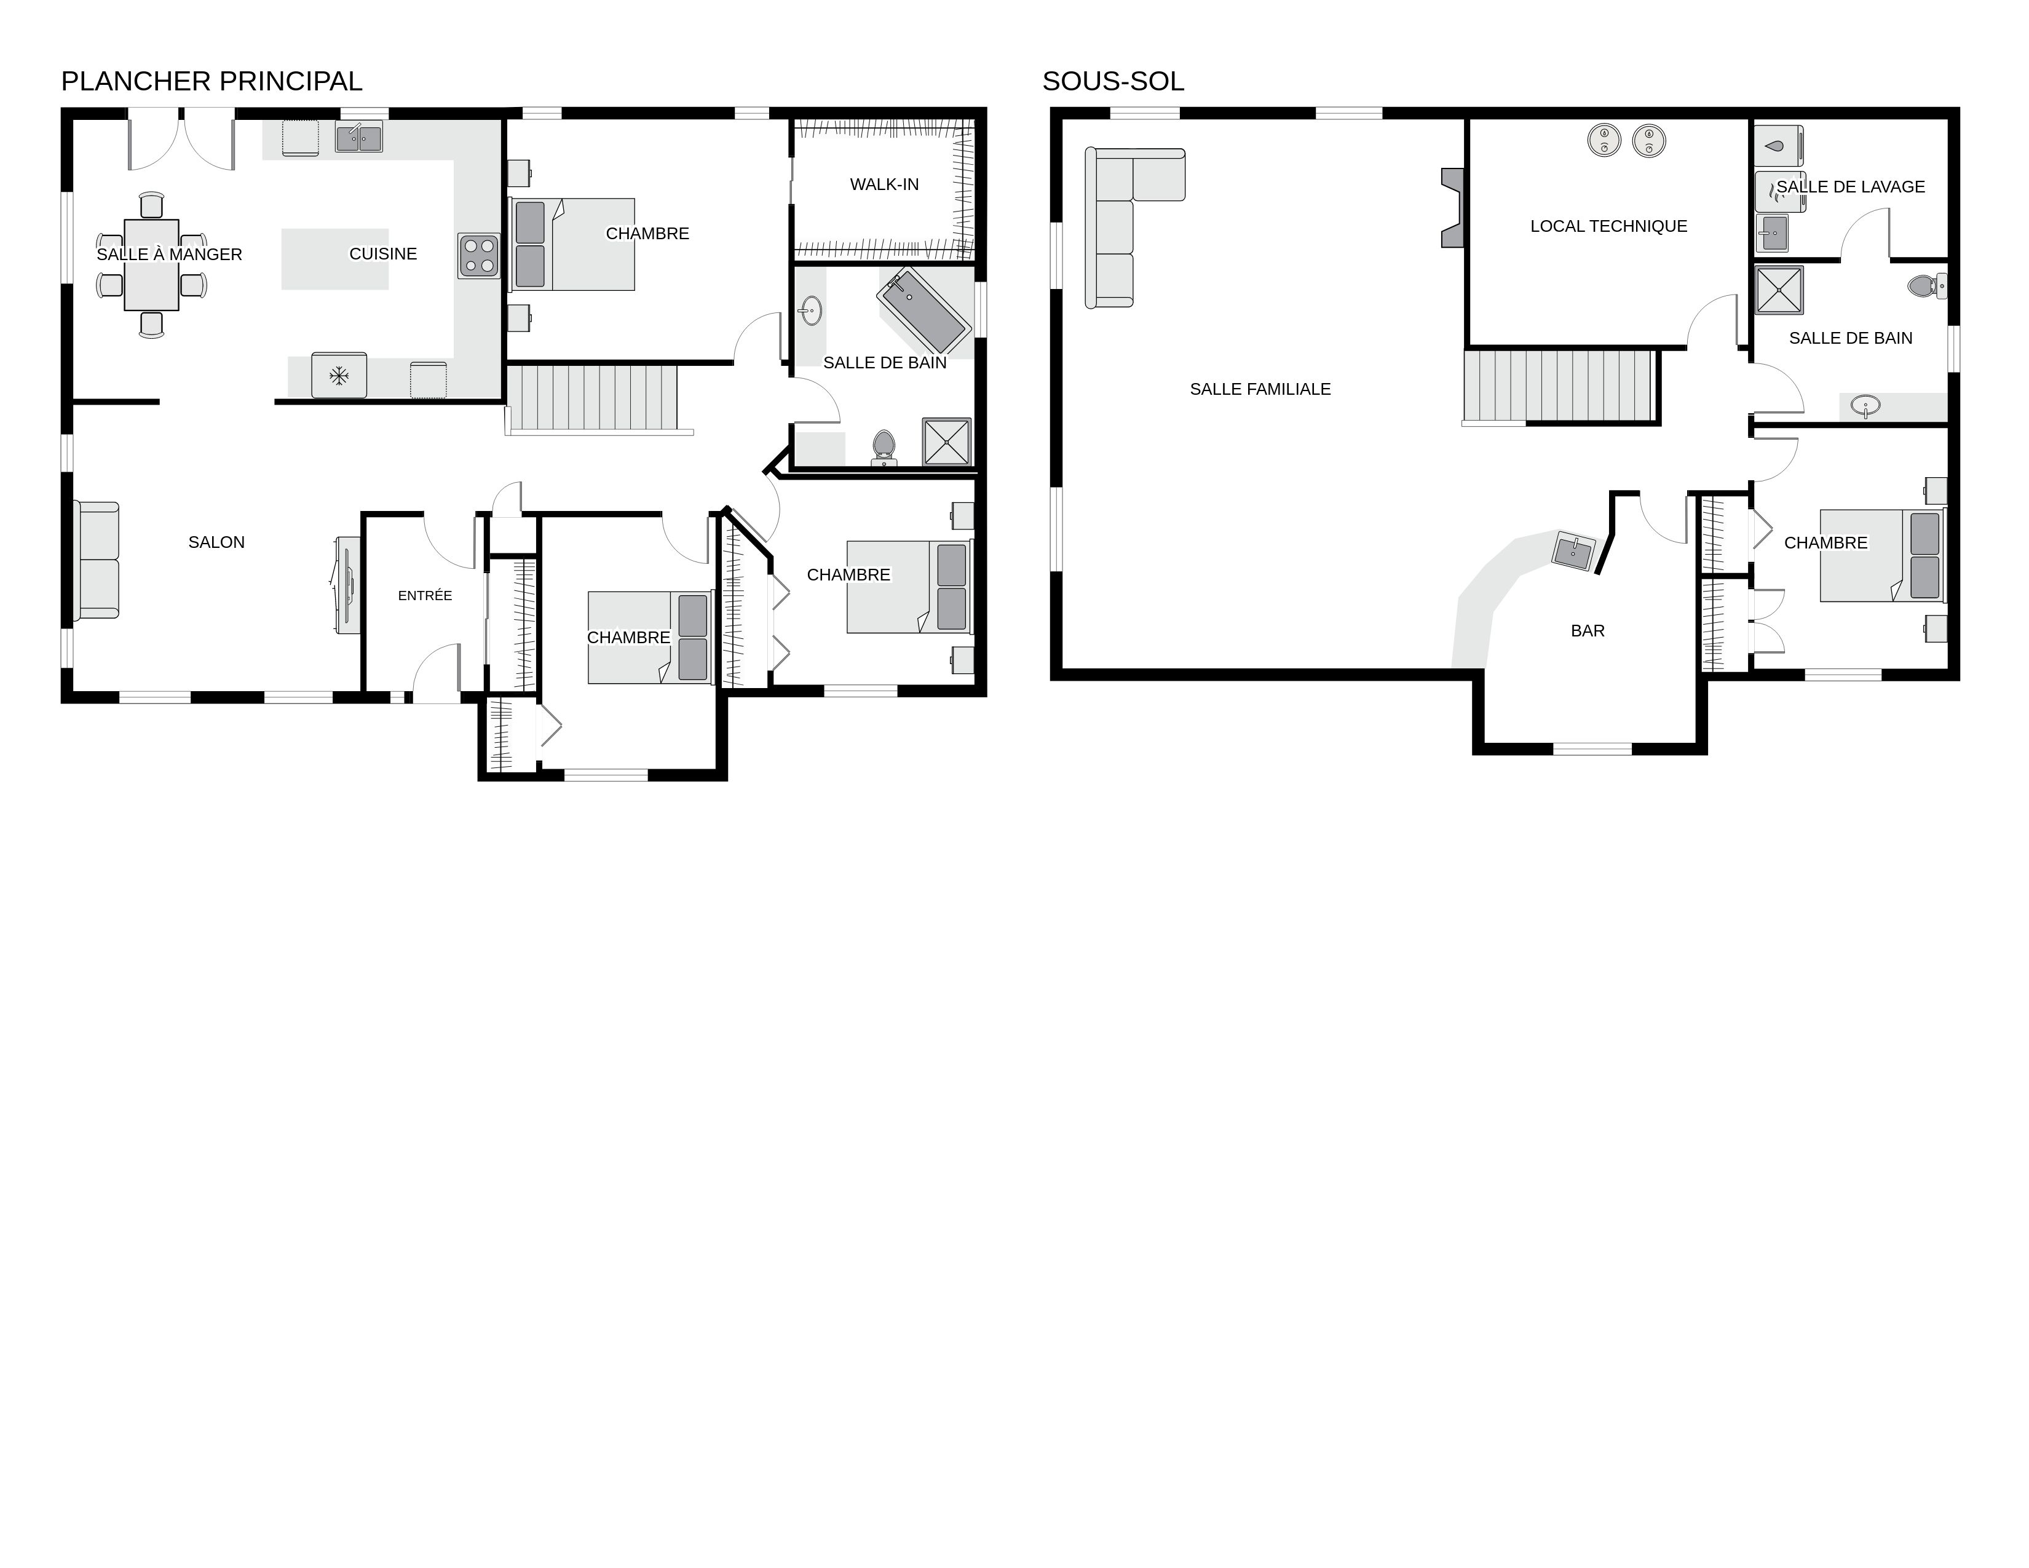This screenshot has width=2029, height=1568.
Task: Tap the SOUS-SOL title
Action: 1112,82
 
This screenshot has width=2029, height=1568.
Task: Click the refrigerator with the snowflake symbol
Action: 339,375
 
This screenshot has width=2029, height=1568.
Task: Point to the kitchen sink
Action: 358,138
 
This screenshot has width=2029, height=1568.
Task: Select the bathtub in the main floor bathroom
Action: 924,304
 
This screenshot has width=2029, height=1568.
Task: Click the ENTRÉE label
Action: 425,595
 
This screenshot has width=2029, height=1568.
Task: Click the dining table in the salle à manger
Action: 151,265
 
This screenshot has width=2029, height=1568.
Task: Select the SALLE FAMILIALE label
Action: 1260,389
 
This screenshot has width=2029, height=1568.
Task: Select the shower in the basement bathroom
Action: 1779,290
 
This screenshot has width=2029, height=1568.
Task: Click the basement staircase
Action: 1560,386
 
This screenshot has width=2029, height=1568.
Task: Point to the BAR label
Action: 1587,632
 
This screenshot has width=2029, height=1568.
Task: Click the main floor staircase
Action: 595,398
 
